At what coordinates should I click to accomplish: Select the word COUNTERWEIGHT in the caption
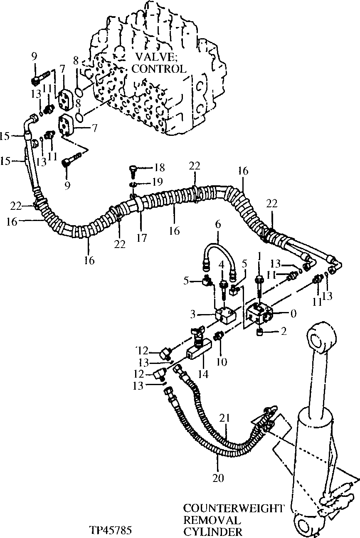pyautogui.click(x=234, y=508)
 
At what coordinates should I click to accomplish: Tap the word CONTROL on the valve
pyautogui.click(x=158, y=69)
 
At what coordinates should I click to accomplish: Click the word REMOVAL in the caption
pyautogui.click(x=212, y=520)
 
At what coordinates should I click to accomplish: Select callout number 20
pyautogui.click(x=218, y=478)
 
